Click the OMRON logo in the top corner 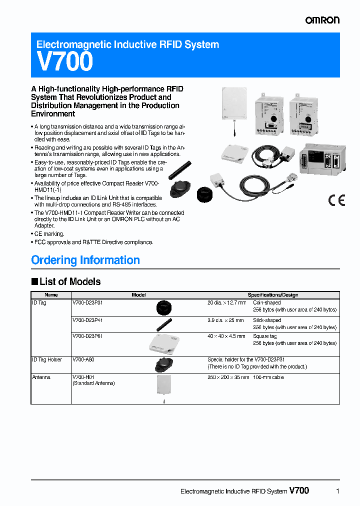coord(322,20)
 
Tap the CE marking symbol coord(336,200)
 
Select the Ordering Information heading coord(85,260)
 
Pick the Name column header coord(51,295)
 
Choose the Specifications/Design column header coord(273,295)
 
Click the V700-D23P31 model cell coord(87,303)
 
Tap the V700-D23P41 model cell coord(87,320)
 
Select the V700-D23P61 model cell coord(87,336)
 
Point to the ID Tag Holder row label coord(47,359)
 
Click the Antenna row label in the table coord(41,377)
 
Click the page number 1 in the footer coord(338,491)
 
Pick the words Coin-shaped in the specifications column coord(267,303)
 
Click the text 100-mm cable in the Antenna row coord(268,377)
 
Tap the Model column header coord(138,295)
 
